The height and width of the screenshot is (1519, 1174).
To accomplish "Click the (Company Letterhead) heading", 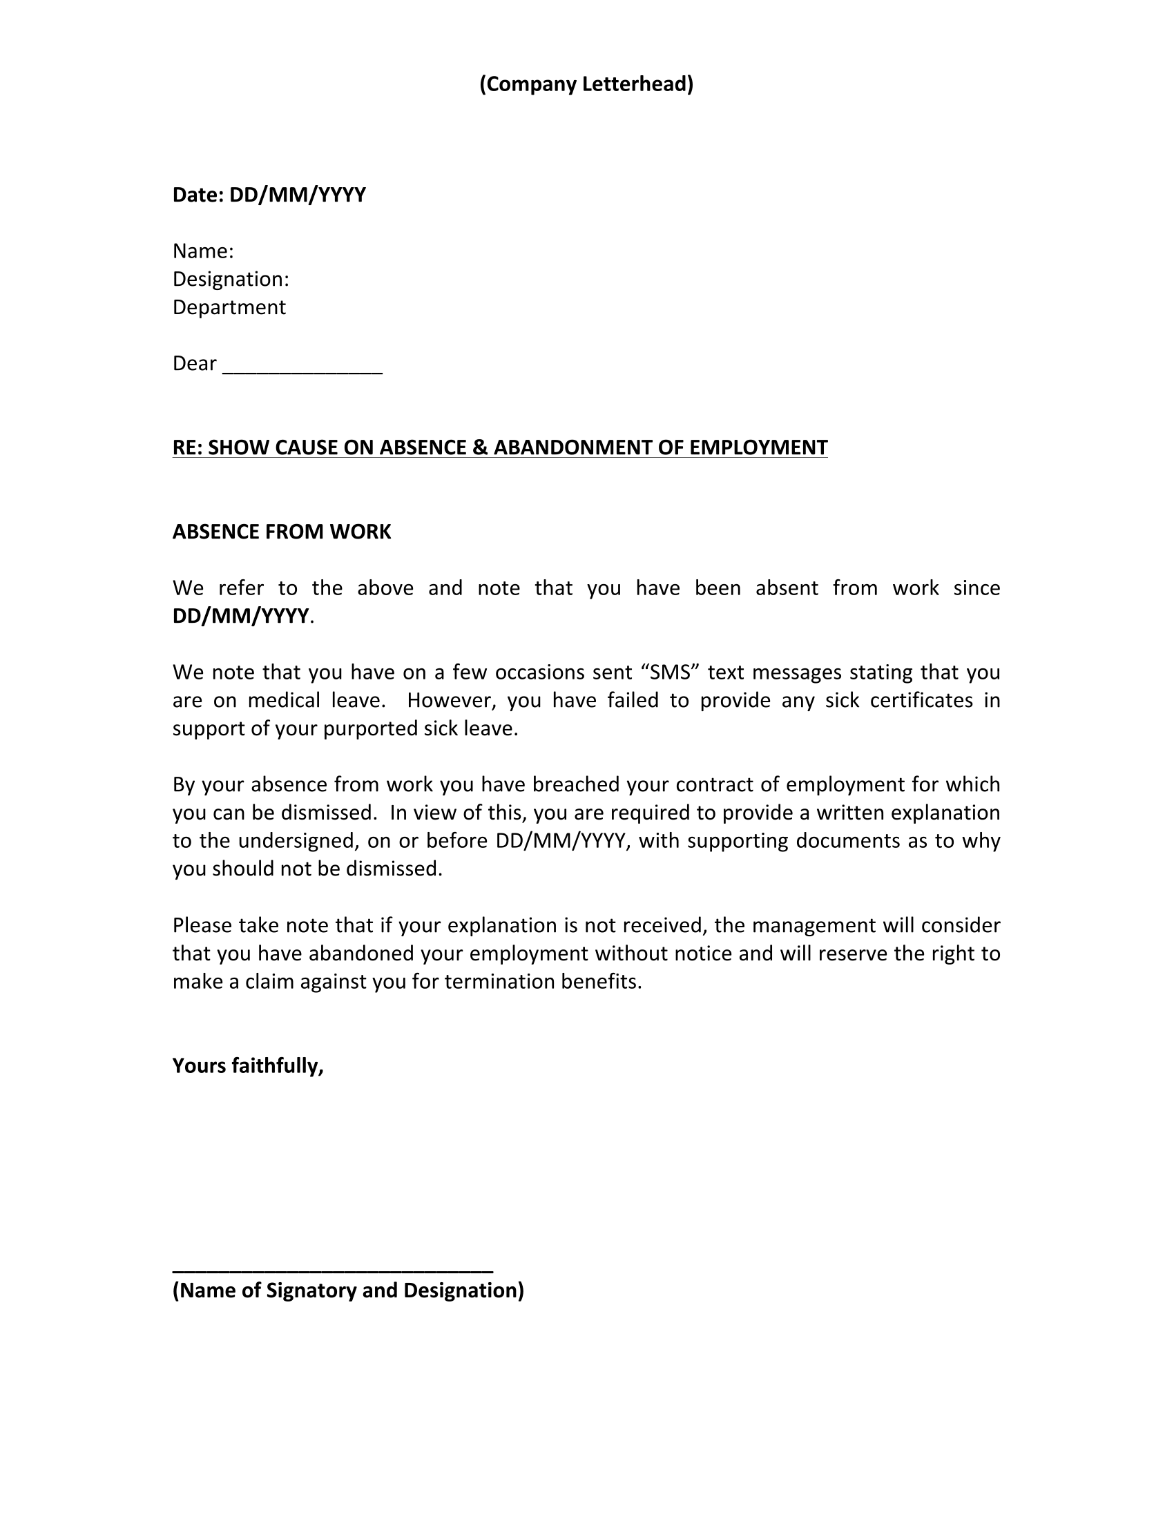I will tap(586, 84).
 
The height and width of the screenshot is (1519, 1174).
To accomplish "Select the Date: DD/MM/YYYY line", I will tap(269, 195).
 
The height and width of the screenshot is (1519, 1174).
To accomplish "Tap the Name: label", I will tap(203, 251).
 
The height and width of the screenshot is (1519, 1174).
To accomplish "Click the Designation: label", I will tap(231, 279).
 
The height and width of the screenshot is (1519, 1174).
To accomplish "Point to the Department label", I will tap(229, 307).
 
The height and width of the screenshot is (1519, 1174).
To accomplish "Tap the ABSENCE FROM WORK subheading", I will tap(282, 532).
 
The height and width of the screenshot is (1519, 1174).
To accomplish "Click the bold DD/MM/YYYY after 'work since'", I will tap(240, 616).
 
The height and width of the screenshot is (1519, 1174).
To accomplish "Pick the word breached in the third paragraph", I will tap(577, 784).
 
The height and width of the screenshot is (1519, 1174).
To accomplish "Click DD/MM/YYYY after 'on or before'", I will tap(561, 841).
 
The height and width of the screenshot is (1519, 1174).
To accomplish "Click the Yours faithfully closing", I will tap(249, 1065).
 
